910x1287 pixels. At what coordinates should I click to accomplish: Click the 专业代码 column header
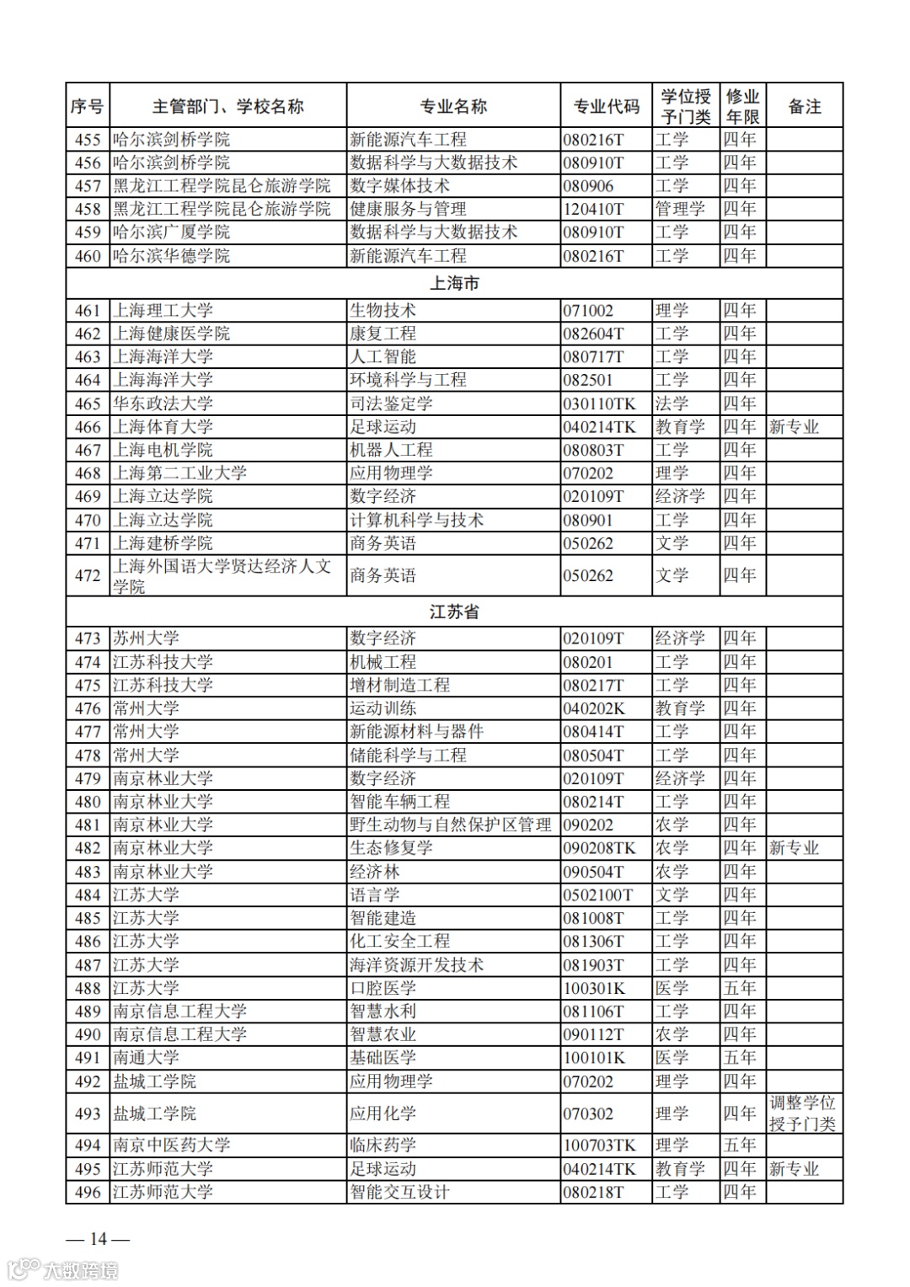[606, 106]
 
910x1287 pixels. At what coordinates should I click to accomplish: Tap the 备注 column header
[804, 106]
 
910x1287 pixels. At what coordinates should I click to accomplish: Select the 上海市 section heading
[454, 283]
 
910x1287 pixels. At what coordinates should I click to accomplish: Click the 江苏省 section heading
[454, 611]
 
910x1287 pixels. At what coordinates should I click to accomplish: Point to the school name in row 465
[163, 403]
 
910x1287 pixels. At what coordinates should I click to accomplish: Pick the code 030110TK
[599, 403]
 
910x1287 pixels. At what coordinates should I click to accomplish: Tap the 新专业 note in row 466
[794, 427]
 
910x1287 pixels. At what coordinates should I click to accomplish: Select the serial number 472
[88, 576]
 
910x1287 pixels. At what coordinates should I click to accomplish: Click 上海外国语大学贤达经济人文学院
[222, 576]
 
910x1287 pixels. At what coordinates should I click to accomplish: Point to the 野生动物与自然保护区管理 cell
[450, 825]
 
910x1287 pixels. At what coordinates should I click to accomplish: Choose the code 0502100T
[597, 894]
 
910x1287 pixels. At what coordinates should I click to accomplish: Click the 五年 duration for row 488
[740, 988]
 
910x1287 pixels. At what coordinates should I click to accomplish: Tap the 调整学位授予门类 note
[802, 1113]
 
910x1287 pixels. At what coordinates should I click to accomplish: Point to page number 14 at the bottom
[99, 1238]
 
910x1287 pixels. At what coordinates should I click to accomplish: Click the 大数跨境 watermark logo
[63, 1269]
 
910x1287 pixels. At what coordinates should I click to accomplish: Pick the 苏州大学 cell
[147, 638]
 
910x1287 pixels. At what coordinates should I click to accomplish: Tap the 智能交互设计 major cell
[399, 1192]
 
